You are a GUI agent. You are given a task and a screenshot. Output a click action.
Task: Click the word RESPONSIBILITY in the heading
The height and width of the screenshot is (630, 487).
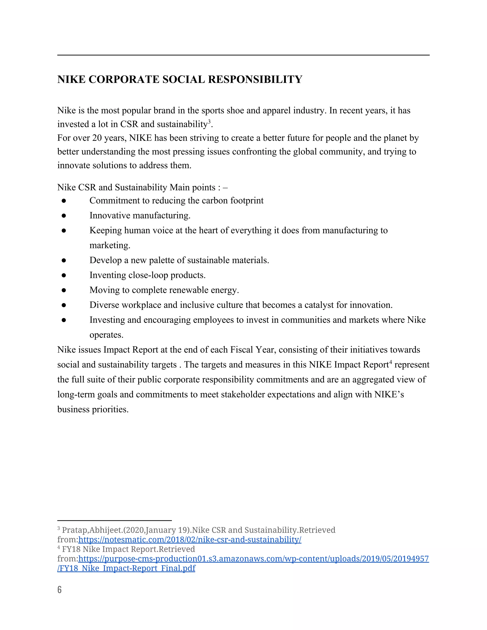(x=255, y=79)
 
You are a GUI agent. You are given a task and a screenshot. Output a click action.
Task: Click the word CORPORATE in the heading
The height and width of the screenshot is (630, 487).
(x=124, y=79)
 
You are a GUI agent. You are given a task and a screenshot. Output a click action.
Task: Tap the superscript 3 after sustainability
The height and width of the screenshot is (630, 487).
(x=209, y=121)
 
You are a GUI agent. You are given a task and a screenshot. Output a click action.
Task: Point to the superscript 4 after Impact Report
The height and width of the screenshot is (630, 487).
(x=391, y=362)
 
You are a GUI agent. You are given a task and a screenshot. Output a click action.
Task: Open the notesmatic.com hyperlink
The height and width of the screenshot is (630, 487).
(x=190, y=539)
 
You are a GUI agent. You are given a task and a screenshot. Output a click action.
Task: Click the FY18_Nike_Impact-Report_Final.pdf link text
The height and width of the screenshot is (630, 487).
(x=126, y=568)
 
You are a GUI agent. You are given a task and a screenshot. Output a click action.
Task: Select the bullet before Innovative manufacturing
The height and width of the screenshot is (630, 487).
(x=64, y=215)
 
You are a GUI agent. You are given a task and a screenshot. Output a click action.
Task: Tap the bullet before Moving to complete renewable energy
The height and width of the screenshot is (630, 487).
(x=64, y=290)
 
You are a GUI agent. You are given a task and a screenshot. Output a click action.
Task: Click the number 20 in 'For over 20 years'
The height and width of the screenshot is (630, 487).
(x=97, y=138)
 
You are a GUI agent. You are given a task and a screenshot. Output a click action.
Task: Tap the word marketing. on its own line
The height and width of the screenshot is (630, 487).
(x=110, y=245)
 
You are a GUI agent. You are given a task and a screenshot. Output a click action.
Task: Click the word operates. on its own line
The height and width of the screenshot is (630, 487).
(x=107, y=335)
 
